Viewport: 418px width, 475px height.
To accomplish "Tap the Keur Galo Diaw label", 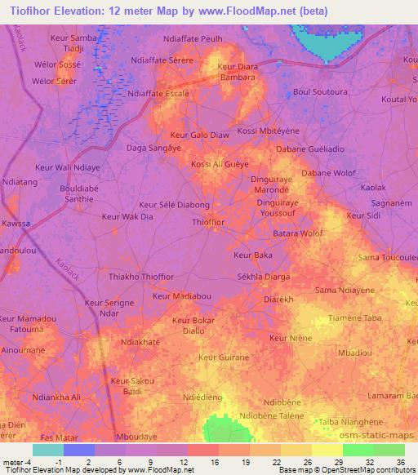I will (x=198, y=135).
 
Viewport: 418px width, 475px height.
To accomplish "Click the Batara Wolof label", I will (x=297, y=233).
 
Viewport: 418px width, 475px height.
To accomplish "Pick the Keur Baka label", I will (x=252, y=255).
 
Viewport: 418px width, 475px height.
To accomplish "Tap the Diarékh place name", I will (x=278, y=300).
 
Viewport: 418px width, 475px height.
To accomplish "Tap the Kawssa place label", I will (x=16, y=223).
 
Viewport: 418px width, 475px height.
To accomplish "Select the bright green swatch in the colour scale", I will (x=358, y=450).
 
